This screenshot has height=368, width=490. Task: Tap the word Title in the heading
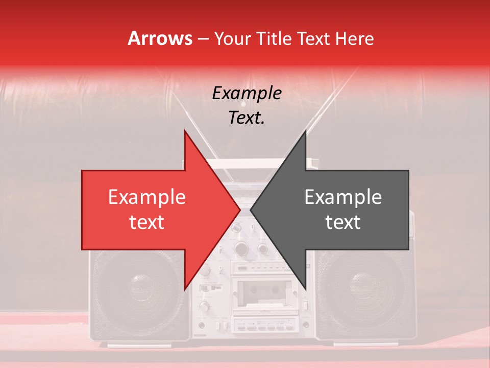pyautogui.click(x=274, y=38)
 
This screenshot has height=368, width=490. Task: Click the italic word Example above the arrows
pyautogui.click(x=247, y=94)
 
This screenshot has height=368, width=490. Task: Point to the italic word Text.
pyautogui.click(x=247, y=118)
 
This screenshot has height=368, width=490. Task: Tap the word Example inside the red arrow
pyautogui.click(x=147, y=197)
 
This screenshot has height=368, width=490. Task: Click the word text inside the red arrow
pyautogui.click(x=147, y=222)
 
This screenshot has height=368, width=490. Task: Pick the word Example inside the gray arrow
pyautogui.click(x=343, y=197)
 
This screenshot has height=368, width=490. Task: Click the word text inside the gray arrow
pyautogui.click(x=343, y=222)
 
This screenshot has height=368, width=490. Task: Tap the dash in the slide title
pyautogui.click(x=203, y=39)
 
